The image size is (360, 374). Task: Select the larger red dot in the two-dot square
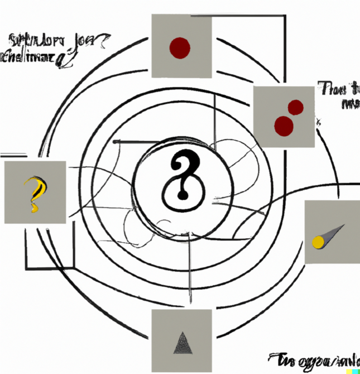point(284,126)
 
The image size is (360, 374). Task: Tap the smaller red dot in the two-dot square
point(295,107)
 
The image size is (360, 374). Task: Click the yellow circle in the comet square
point(318,242)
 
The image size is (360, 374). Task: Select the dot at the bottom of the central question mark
point(181,195)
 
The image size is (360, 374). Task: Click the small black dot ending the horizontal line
point(116,142)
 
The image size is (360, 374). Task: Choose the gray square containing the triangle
point(182,341)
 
